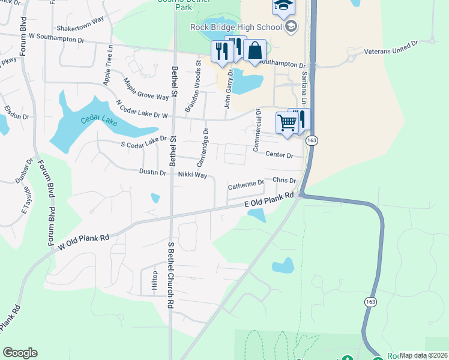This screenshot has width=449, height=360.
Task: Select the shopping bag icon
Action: pyautogui.click(x=255, y=52)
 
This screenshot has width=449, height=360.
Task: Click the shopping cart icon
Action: pyautogui.click(x=287, y=124)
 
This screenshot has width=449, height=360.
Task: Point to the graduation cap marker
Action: pyautogui.click(x=283, y=7)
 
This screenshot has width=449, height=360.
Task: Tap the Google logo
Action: pyautogui.click(x=20, y=353)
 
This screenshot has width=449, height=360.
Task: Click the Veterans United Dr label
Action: pyautogui.click(x=391, y=48)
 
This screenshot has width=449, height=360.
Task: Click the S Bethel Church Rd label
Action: pyautogui.click(x=170, y=275)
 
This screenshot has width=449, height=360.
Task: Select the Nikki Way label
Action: pyautogui.click(x=192, y=176)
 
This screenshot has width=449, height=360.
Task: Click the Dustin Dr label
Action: pyautogui.click(x=152, y=173)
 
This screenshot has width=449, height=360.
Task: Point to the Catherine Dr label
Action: pyautogui.click(x=246, y=185)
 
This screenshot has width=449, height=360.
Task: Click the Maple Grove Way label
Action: pyautogui.click(x=146, y=88)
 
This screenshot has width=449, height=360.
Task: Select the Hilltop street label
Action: pyautogui.click(x=154, y=281)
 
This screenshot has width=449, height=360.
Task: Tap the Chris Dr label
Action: pyautogui.click(x=284, y=180)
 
